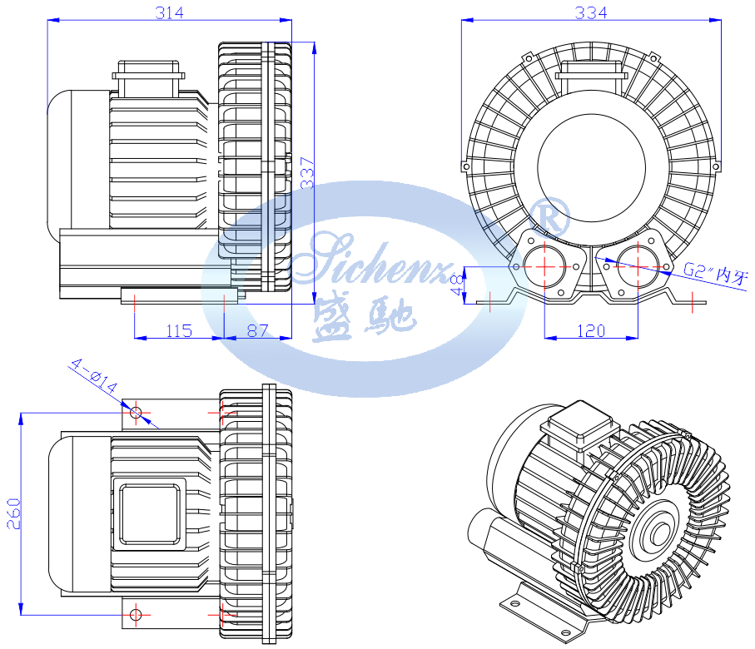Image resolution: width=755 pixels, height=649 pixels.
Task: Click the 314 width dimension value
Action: [169, 12]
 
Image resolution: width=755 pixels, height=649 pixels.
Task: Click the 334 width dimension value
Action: [591, 12]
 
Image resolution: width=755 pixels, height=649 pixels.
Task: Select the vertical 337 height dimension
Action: [308, 172]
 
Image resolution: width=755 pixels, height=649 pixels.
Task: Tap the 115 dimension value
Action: [178, 330]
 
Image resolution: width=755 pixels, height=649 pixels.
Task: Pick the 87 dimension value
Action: [258, 330]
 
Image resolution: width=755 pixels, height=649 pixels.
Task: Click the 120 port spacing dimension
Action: [590, 330]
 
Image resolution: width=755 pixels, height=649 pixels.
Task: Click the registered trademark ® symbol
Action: [552, 216]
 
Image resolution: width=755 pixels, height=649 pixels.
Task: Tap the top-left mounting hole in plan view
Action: [136, 411]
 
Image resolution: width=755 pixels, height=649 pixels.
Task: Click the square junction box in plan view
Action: [151, 513]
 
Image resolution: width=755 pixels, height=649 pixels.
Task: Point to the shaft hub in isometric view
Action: [663, 527]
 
